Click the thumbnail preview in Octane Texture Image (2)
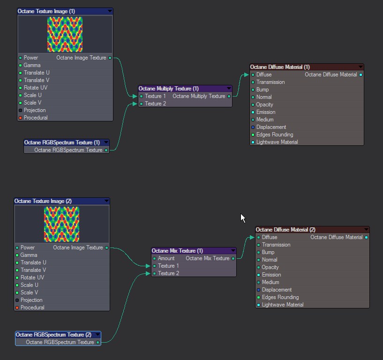click(x=61, y=224)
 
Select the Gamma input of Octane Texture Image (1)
click(x=32, y=65)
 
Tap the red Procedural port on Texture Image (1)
click(x=21, y=118)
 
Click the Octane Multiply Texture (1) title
click(x=169, y=89)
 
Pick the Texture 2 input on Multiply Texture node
click(x=155, y=104)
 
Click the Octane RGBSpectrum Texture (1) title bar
click(x=62, y=142)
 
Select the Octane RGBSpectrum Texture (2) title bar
click(x=53, y=335)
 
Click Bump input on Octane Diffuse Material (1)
click(x=262, y=90)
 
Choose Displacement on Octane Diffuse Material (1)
click(x=271, y=127)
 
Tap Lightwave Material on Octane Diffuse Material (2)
click(x=282, y=305)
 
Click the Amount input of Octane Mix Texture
click(x=166, y=258)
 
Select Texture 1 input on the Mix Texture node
click(x=168, y=266)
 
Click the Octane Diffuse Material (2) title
click(x=285, y=230)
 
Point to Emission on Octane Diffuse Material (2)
click(x=271, y=275)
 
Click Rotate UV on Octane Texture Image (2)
click(x=32, y=277)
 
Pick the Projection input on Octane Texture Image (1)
click(x=34, y=110)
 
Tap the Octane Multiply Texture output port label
click(x=199, y=96)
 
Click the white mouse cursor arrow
click(x=243, y=218)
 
